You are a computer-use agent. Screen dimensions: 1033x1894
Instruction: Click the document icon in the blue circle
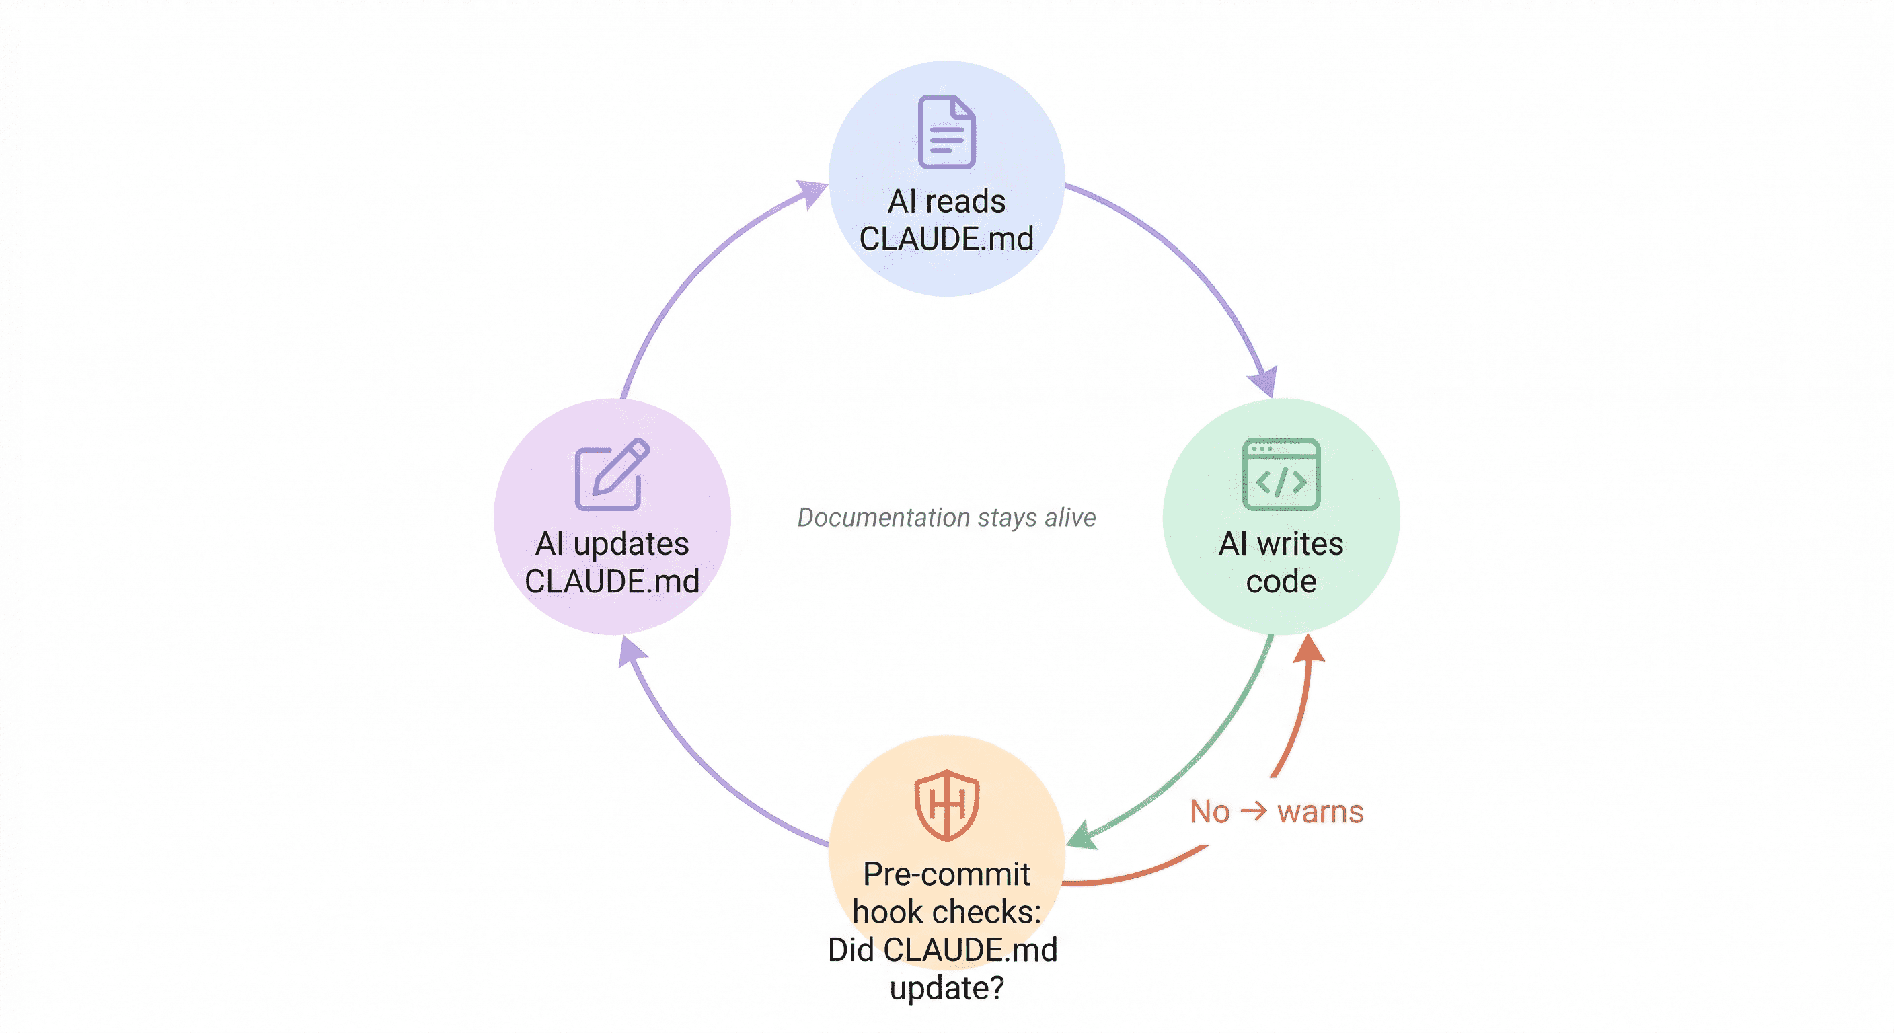click(x=947, y=132)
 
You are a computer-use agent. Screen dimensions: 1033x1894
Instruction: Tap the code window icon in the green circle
click(x=1281, y=474)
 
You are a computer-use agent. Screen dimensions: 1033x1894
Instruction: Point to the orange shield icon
click(x=946, y=805)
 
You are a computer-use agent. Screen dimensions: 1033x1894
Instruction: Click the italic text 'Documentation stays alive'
click(x=946, y=518)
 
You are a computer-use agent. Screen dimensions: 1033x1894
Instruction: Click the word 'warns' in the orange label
click(x=1320, y=812)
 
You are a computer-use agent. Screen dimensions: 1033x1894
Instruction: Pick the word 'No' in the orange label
click(x=1209, y=812)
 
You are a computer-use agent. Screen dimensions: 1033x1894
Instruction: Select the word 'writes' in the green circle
click(x=1300, y=544)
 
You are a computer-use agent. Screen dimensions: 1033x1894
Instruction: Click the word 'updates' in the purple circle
click(x=631, y=544)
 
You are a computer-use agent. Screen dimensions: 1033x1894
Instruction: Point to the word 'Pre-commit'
click(x=946, y=874)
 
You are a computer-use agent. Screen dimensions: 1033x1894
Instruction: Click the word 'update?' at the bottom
click(x=946, y=988)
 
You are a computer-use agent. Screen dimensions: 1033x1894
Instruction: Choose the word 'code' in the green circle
click(x=1281, y=582)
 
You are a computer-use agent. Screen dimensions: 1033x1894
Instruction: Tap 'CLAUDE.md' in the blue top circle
click(x=946, y=239)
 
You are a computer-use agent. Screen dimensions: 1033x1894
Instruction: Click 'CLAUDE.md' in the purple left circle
click(x=612, y=582)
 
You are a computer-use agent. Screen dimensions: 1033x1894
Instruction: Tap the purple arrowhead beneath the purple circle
click(x=630, y=652)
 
